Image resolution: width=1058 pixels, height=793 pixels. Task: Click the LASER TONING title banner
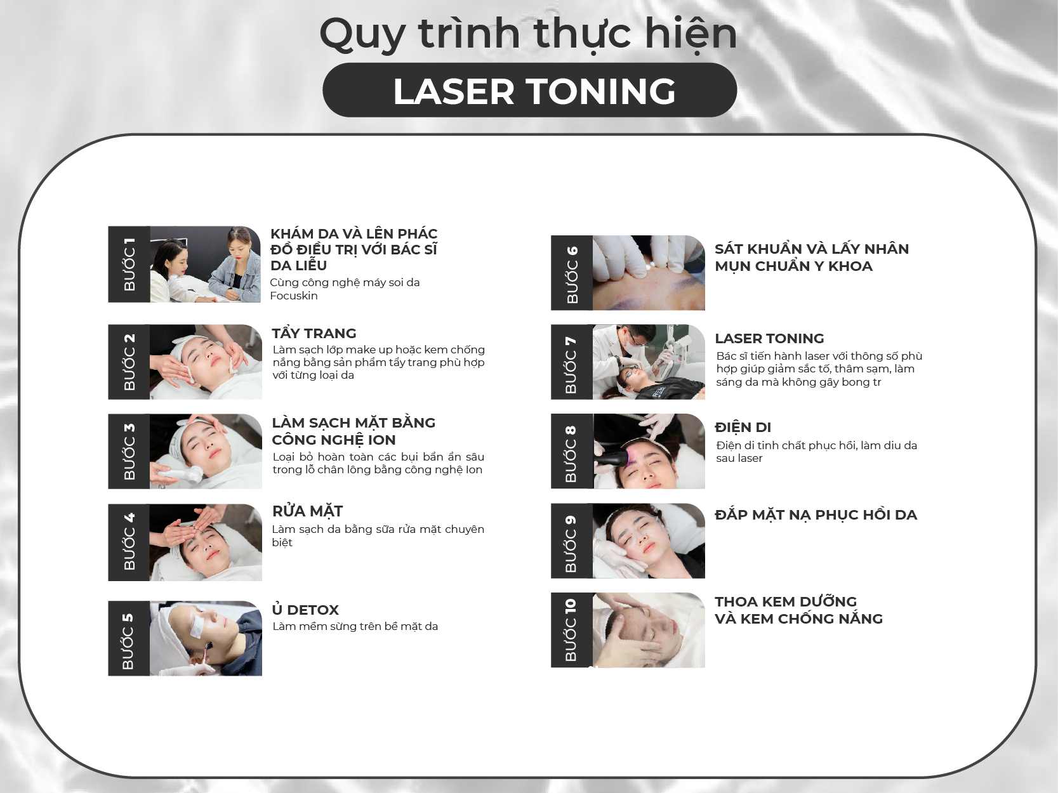pos(529,90)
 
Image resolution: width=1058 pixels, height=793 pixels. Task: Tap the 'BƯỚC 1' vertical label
pos(129,264)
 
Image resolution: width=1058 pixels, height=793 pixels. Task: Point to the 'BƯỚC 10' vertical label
pos(571,630)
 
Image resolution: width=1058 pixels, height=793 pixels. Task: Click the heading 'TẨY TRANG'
pos(314,333)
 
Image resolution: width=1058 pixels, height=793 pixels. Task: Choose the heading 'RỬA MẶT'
pos(308,511)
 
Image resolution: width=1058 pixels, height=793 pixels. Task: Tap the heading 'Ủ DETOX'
pos(305,609)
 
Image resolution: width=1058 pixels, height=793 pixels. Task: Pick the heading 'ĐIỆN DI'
pos(743,427)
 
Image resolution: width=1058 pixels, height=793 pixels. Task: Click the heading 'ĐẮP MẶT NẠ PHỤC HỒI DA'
pos(816,514)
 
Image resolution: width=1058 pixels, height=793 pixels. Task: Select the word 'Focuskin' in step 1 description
pos(294,296)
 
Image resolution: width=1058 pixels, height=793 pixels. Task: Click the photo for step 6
pos(648,273)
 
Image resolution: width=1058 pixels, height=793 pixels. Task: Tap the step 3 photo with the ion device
pos(206,452)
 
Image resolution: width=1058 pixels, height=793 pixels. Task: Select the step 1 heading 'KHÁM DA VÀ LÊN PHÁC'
pos(354,233)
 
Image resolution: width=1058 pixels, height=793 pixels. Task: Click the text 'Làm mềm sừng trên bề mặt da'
pos(355,626)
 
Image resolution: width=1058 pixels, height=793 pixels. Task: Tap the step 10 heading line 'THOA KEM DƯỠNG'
pos(786,601)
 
